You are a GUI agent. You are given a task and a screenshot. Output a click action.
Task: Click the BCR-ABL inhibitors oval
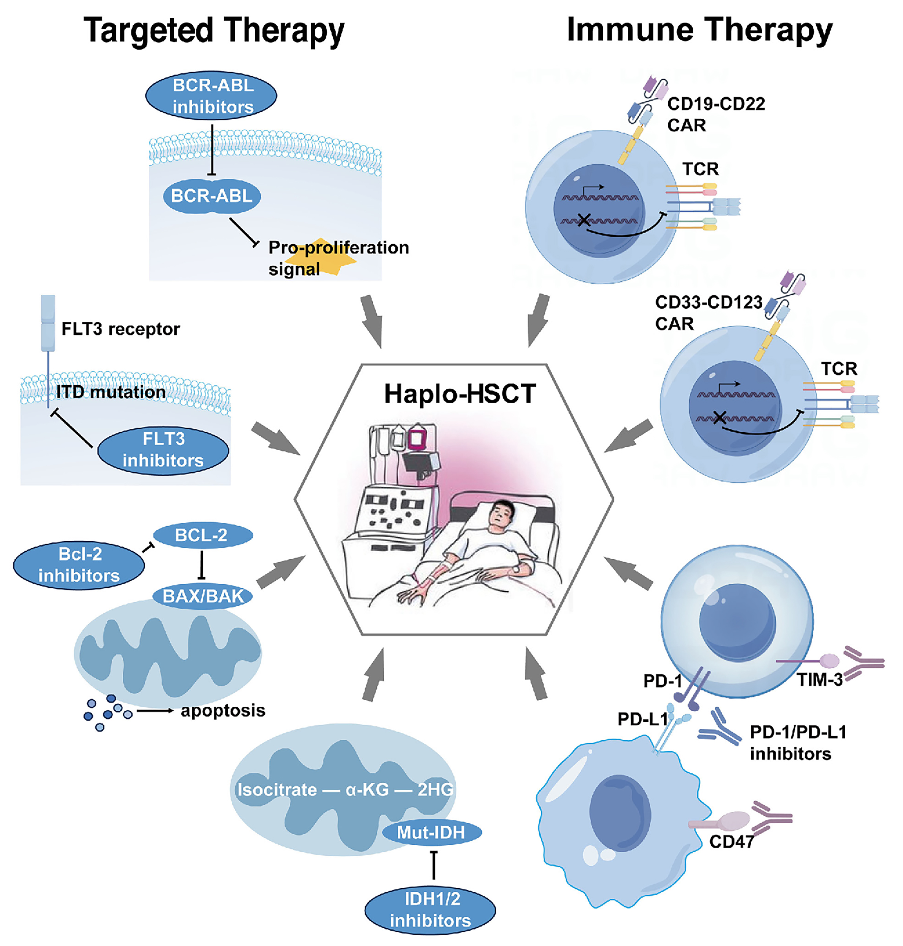pyautogui.click(x=211, y=96)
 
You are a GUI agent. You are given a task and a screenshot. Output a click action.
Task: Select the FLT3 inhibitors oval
pyautogui.click(x=163, y=450)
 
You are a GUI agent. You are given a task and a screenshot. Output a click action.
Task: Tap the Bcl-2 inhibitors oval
pyautogui.click(x=79, y=565)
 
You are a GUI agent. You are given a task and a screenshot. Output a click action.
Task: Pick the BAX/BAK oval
pyautogui.click(x=203, y=596)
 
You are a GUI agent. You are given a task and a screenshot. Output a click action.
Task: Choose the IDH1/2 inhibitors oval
pyautogui.click(x=430, y=909)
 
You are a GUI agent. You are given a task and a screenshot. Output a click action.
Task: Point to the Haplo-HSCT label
pyautogui.click(x=460, y=394)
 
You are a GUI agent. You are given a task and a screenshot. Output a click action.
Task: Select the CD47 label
pyautogui.click(x=731, y=841)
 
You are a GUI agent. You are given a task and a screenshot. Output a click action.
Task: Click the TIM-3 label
pyautogui.click(x=819, y=680)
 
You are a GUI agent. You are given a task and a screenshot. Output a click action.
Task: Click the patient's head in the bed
pyautogui.click(x=501, y=514)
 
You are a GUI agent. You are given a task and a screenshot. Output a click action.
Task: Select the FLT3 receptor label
pyautogui.click(x=120, y=329)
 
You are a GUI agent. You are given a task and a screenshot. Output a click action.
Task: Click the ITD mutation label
pyautogui.click(x=111, y=392)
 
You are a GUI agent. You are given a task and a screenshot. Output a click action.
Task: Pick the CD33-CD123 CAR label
pyautogui.click(x=708, y=313)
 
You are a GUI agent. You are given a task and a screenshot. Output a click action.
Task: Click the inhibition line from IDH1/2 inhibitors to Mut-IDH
pyautogui.click(x=434, y=865)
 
